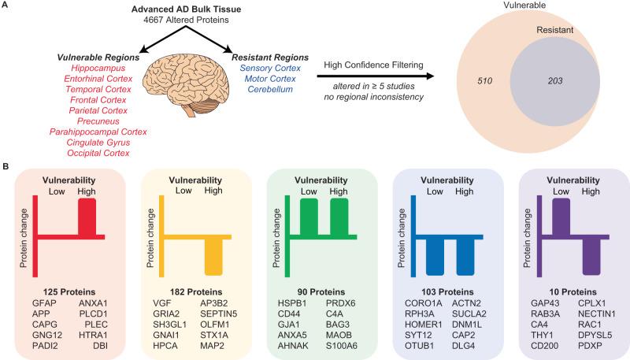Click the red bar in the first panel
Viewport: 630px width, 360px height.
click(x=87, y=217)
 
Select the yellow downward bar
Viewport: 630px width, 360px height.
click(x=214, y=255)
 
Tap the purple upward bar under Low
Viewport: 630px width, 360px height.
click(x=561, y=217)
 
